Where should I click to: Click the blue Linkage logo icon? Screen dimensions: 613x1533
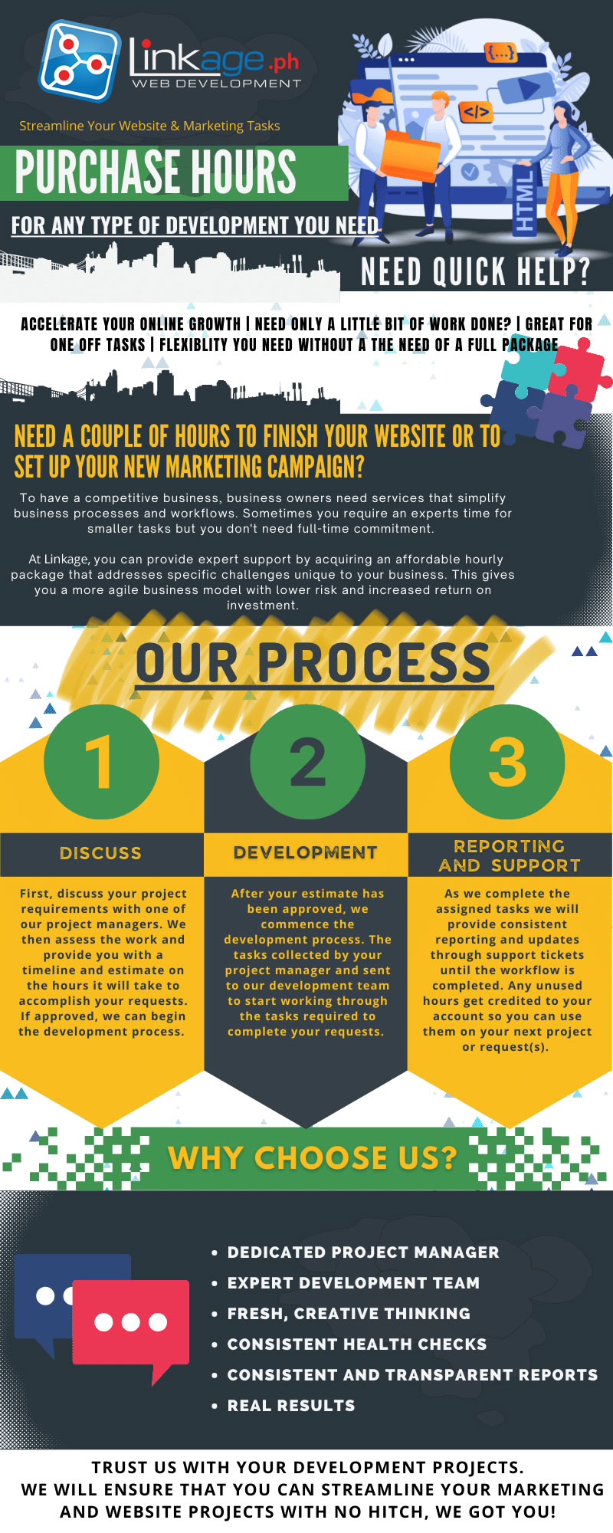(80, 61)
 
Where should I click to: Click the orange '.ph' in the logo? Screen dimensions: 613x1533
(284, 62)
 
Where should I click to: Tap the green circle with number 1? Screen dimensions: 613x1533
(102, 762)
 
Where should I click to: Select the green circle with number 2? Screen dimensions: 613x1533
(307, 762)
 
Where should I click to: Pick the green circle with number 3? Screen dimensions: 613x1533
(507, 762)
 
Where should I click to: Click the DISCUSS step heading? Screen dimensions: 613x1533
(100, 853)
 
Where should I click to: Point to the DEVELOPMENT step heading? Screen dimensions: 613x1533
(305, 852)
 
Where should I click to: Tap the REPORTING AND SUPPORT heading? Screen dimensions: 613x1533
(510, 855)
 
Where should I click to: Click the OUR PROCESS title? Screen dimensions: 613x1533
(313, 663)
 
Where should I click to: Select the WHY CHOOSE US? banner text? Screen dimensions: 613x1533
(312, 1157)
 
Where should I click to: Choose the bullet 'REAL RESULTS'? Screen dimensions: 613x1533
(291, 1406)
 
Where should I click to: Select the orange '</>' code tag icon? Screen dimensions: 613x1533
(476, 112)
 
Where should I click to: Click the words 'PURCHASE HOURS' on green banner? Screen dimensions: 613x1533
(156, 172)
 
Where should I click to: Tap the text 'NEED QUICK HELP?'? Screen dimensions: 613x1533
(475, 271)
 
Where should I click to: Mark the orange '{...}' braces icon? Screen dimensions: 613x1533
(500, 53)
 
